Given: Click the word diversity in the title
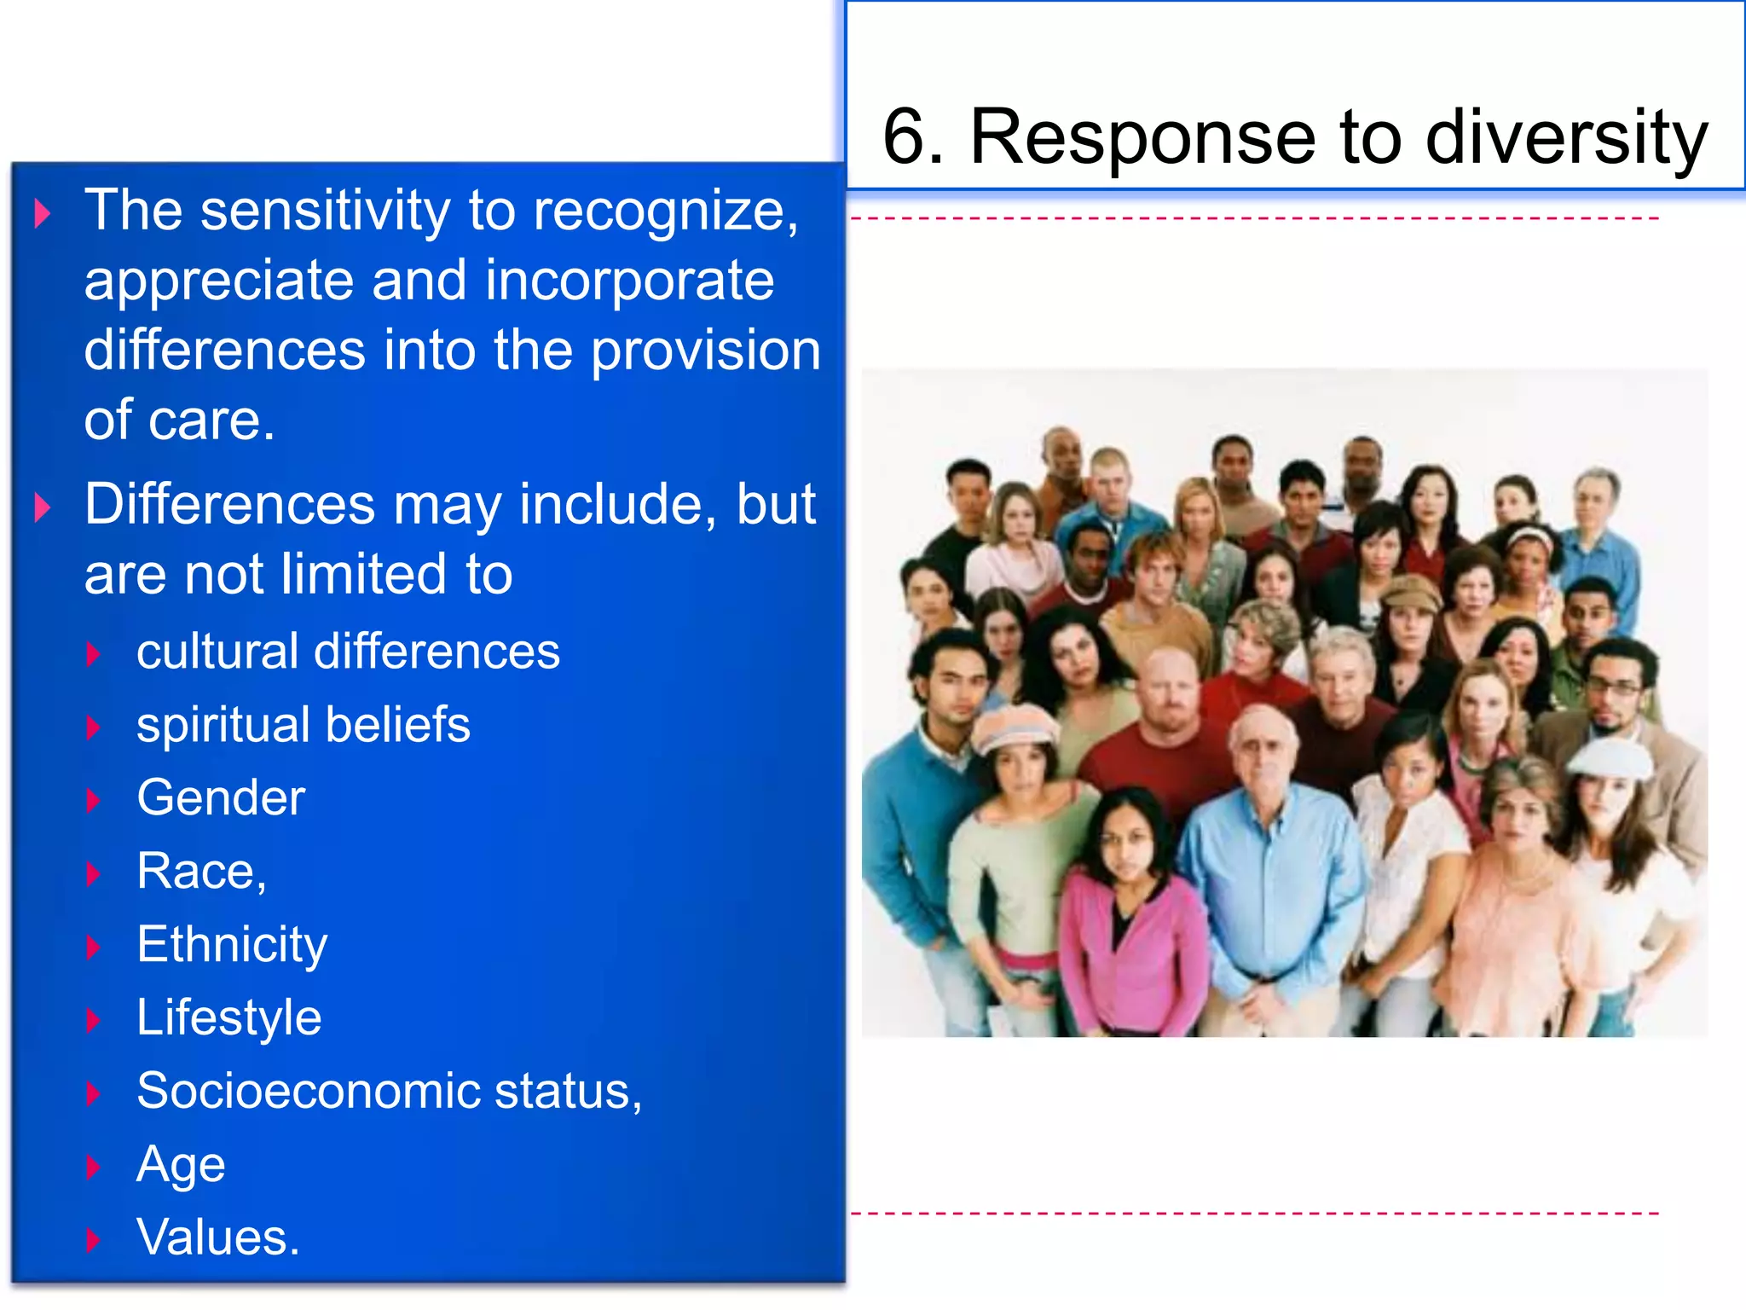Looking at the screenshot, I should pyautogui.click(x=1566, y=138).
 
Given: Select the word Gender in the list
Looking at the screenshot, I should pyautogui.click(x=221, y=798).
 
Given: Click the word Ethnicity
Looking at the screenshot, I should pyautogui.click(x=232, y=945).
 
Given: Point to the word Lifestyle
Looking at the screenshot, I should pyautogui.click(x=228, y=1017).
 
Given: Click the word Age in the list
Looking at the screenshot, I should pyautogui.click(x=181, y=1165).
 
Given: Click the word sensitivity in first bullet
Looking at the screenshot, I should pyautogui.click(x=325, y=211).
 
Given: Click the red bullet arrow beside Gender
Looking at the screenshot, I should pyautogui.click(x=94, y=800).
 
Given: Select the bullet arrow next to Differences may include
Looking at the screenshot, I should pyautogui.click(x=42, y=507).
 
